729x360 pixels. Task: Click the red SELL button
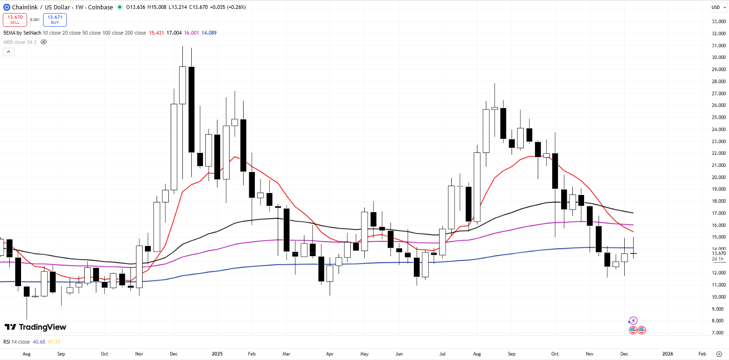tap(15, 19)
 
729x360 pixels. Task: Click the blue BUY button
tap(55, 19)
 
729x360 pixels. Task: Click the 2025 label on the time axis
tap(217, 354)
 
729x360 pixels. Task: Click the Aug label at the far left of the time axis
tap(26, 354)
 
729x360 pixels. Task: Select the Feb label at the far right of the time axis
tap(702, 354)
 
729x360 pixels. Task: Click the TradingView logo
tap(36, 327)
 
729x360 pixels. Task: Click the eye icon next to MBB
tap(44, 42)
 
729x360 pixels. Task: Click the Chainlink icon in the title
tap(7, 7)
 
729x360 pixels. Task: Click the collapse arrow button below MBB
tap(8, 51)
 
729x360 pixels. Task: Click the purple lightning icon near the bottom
tap(633, 321)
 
